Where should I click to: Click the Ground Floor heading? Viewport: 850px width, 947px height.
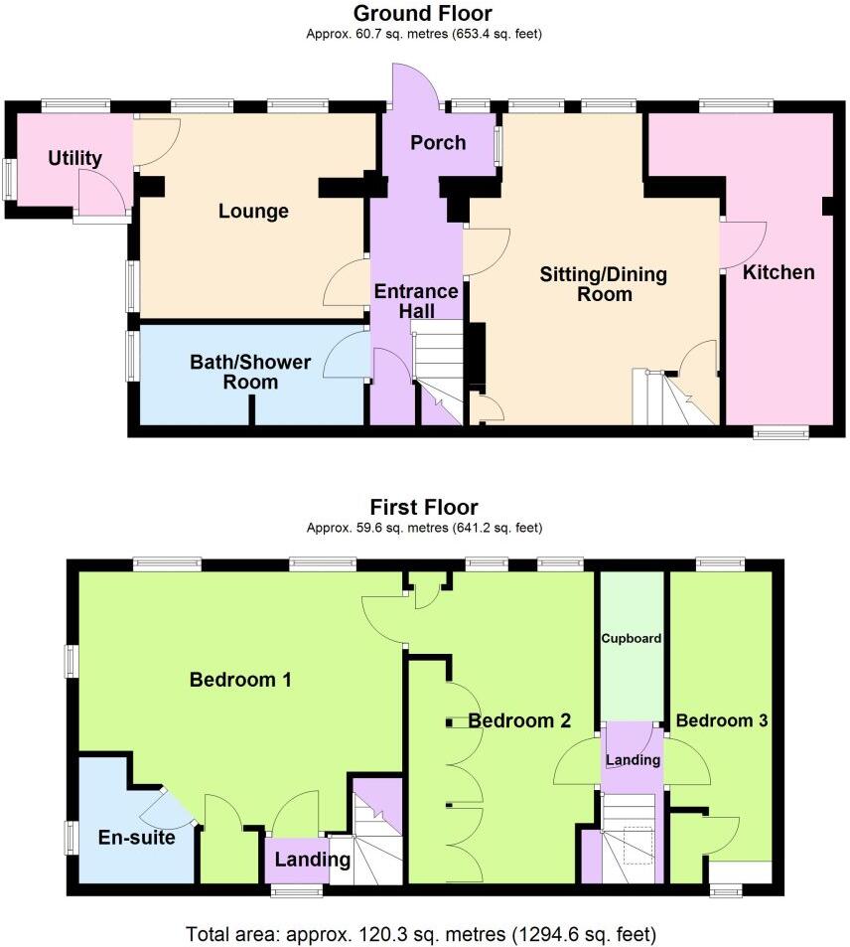pyautogui.click(x=423, y=13)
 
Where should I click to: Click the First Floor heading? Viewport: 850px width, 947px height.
pyautogui.click(x=423, y=508)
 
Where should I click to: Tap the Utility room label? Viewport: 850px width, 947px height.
pyautogui.click(x=75, y=158)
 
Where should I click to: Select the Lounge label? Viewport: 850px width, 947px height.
pyautogui.click(x=253, y=211)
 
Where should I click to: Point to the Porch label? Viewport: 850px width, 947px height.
pyautogui.click(x=438, y=142)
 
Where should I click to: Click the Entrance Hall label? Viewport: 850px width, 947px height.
pyautogui.click(x=416, y=302)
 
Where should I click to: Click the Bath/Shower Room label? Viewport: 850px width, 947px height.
pyautogui.click(x=250, y=372)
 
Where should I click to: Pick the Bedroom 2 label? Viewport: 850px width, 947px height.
pyautogui.click(x=519, y=721)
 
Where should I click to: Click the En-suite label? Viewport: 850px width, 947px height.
pyautogui.click(x=137, y=838)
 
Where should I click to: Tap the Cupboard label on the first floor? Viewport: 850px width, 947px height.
pyautogui.click(x=631, y=638)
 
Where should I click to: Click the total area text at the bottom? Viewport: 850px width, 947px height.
pyautogui.click(x=421, y=935)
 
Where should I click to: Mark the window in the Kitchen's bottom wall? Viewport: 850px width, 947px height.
pyautogui.click(x=780, y=431)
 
